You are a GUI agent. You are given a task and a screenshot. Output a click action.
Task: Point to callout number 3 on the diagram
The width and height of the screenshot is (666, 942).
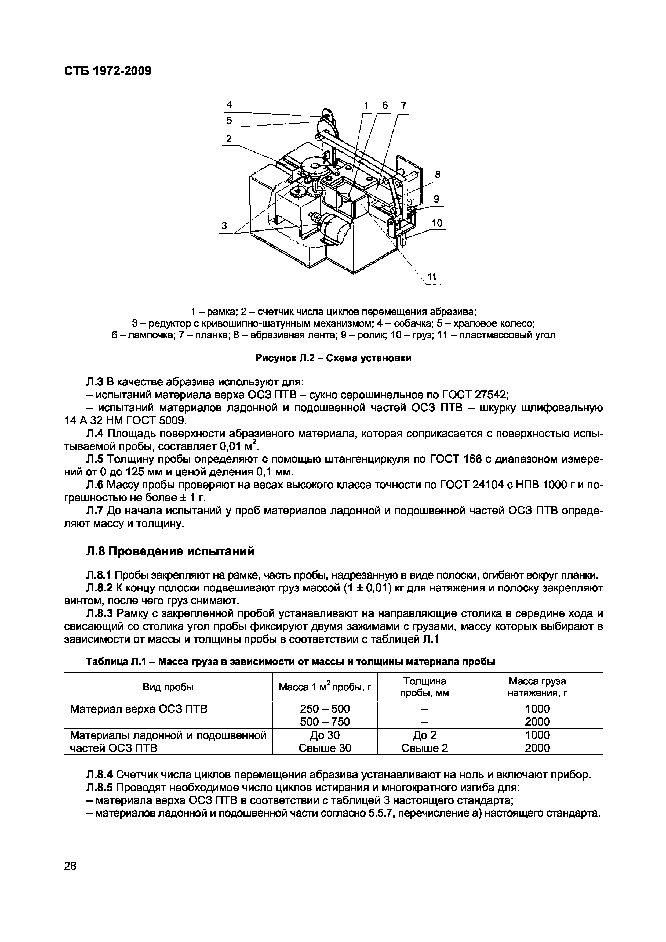tap(224, 225)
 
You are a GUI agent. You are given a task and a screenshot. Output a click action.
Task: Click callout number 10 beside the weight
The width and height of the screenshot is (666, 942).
tap(437, 223)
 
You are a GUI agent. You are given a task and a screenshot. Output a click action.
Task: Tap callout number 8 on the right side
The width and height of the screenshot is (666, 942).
tap(438, 174)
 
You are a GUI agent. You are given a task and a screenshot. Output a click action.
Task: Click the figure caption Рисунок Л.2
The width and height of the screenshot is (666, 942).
tap(333, 358)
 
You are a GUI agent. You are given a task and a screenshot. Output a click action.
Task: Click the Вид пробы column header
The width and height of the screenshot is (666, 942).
tap(168, 687)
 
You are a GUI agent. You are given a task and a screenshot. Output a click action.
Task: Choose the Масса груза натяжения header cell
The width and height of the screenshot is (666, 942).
tap(537, 687)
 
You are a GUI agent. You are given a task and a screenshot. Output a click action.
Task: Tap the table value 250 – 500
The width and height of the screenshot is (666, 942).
tap(325, 709)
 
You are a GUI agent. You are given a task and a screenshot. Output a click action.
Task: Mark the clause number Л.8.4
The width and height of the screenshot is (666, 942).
tap(100, 775)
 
